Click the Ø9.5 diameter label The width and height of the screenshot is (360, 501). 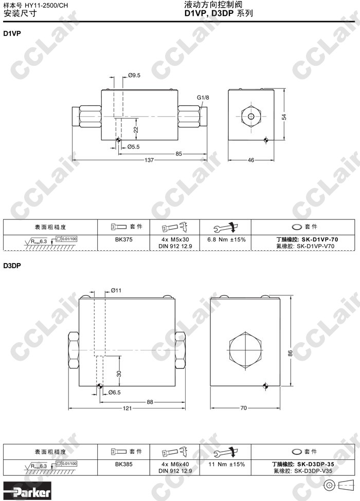click(134, 76)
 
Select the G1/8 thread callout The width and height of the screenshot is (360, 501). click(203, 98)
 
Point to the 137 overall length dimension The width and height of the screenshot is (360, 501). click(149, 160)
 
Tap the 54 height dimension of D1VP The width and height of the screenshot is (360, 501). click(284, 117)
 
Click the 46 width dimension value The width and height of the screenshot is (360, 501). click(251, 160)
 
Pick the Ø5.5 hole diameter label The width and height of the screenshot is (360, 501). click(133, 146)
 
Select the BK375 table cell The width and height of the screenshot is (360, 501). click(124, 239)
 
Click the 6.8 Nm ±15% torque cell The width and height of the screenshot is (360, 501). click(226, 239)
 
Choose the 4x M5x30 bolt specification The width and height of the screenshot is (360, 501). click(175, 239)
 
